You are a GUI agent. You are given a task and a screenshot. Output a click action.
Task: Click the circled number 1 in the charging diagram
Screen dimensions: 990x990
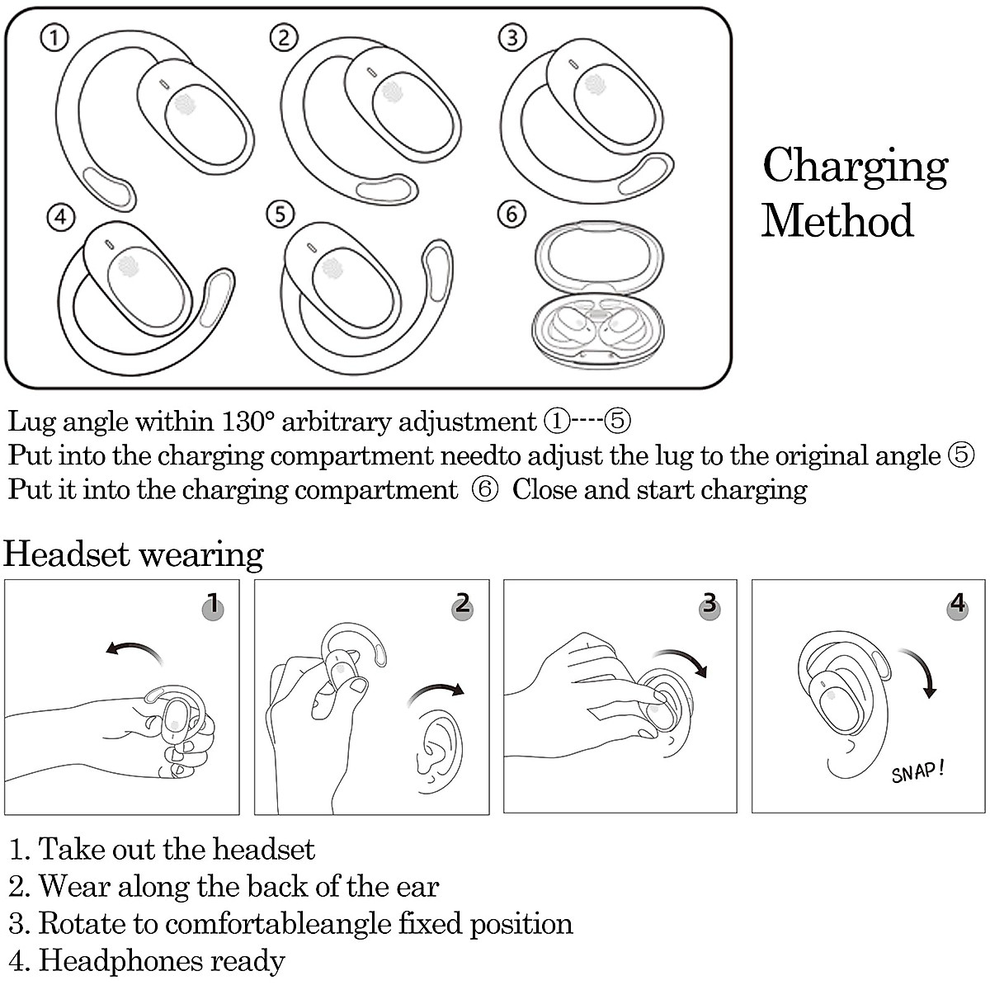tap(54, 38)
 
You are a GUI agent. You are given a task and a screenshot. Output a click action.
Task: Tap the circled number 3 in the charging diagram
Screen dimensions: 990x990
tap(512, 37)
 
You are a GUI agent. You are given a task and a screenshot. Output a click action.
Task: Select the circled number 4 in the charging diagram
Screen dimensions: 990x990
tap(61, 217)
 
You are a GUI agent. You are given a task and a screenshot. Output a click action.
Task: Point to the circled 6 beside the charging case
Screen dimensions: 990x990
tap(511, 214)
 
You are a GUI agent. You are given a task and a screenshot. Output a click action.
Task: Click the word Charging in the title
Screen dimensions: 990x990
tap(856, 167)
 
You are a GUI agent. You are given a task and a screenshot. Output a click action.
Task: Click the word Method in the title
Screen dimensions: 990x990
tap(837, 220)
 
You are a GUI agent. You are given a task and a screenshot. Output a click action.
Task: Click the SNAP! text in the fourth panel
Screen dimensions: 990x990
tap(917, 773)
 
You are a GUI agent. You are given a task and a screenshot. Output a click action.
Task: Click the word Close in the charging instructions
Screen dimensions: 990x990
tap(544, 488)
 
